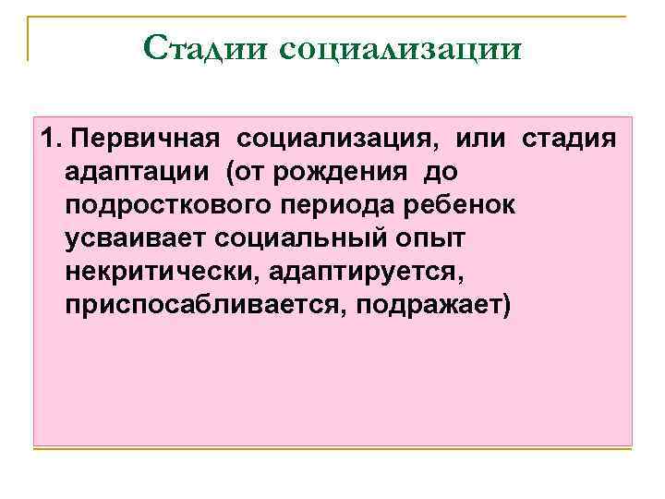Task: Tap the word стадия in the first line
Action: pos(569,140)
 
